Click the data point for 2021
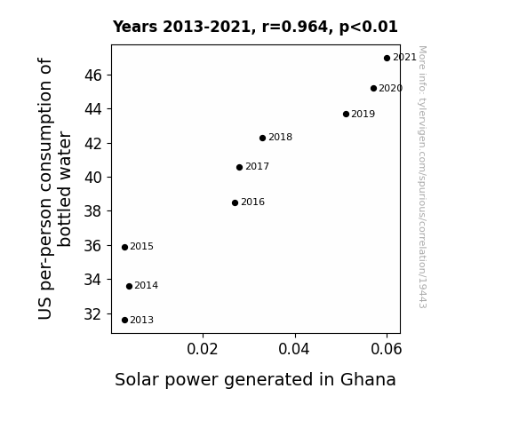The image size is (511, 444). tap(387, 59)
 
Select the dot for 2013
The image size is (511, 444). tap(124, 321)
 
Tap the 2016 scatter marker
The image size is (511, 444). tap(235, 203)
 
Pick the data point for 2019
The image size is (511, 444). tap(346, 114)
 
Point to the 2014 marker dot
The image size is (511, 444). tap(129, 286)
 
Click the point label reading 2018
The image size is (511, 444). tap(280, 137)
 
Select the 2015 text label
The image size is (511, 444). tap(142, 246)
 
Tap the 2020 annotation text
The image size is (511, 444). tap(391, 88)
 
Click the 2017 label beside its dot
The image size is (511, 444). tap(257, 166)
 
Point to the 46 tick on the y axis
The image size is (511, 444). tap(93, 75)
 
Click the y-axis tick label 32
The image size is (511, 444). tap(93, 314)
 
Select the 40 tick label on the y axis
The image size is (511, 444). tap(93, 178)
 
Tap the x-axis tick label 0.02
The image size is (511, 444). tap(203, 349)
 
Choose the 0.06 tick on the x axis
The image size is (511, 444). tap(387, 349)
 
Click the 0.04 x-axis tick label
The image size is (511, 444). tap(294, 349)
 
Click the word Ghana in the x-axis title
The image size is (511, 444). tap(368, 380)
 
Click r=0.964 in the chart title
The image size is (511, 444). tap(295, 27)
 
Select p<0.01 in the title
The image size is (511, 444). tap(369, 28)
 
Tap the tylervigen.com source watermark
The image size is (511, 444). tap(422, 177)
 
